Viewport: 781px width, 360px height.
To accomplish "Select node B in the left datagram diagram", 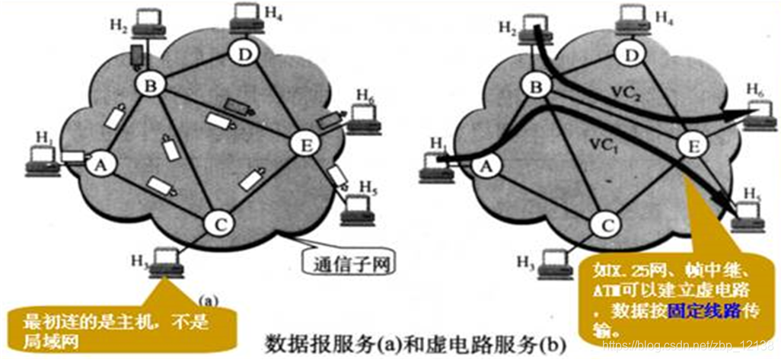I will [x=150, y=86].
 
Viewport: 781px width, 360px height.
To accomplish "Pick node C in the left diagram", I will [x=219, y=225].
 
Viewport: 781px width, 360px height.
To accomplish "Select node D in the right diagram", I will [x=629, y=53].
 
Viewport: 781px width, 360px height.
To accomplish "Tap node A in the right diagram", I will [x=489, y=161].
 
